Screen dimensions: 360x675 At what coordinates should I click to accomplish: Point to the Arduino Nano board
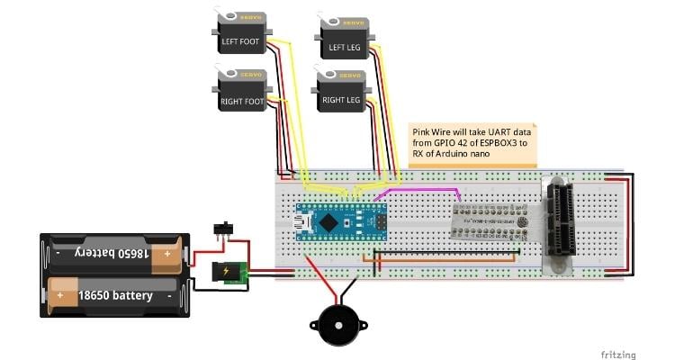coord(342,221)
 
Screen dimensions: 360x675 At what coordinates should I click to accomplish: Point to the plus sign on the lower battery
coord(61,294)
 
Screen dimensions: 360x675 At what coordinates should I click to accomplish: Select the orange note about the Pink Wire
coord(472,144)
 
